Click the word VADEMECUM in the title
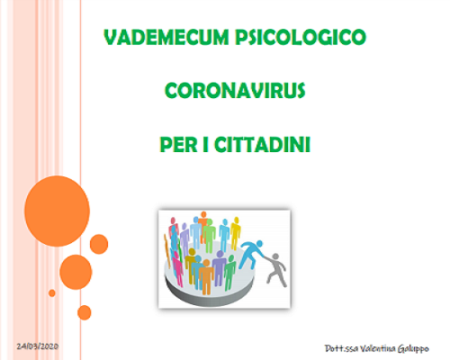[x=166, y=37]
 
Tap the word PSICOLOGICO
[x=301, y=37]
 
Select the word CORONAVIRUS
[x=235, y=91]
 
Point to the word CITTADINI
[x=262, y=145]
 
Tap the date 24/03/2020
[x=38, y=346]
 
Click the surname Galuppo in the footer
[x=413, y=349]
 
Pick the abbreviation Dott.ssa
[x=341, y=348]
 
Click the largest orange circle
[x=57, y=211]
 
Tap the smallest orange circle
[x=52, y=293]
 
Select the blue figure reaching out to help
[x=250, y=254]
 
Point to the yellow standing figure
[x=236, y=232]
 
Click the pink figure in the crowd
[x=177, y=268]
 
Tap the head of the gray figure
[x=275, y=256]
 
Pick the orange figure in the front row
[x=206, y=276]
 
